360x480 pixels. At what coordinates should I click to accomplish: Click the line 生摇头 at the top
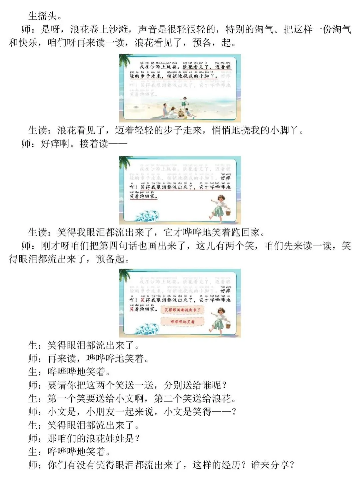click(45, 16)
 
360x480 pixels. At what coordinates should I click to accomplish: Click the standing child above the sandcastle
click(184, 101)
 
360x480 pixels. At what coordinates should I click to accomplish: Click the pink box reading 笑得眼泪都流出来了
click(182, 310)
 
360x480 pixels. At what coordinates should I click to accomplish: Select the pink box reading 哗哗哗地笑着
click(182, 322)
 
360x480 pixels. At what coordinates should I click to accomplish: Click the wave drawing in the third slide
click(147, 329)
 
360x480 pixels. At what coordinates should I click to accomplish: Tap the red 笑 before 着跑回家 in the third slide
click(132, 309)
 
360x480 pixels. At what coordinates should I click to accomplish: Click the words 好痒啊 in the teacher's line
click(55, 144)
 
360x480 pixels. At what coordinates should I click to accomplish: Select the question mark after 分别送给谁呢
click(224, 385)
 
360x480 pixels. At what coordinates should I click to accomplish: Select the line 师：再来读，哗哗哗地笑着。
click(88, 359)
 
